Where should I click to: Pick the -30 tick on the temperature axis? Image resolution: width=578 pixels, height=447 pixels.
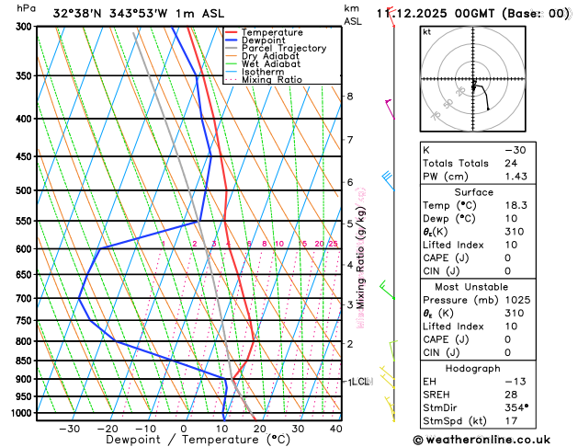pos(69,429)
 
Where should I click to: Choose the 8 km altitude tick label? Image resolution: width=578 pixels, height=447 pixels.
pos(349,97)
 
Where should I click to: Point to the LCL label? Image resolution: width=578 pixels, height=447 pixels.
pos(359,381)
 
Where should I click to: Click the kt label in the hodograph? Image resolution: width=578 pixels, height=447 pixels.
pos(426,31)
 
